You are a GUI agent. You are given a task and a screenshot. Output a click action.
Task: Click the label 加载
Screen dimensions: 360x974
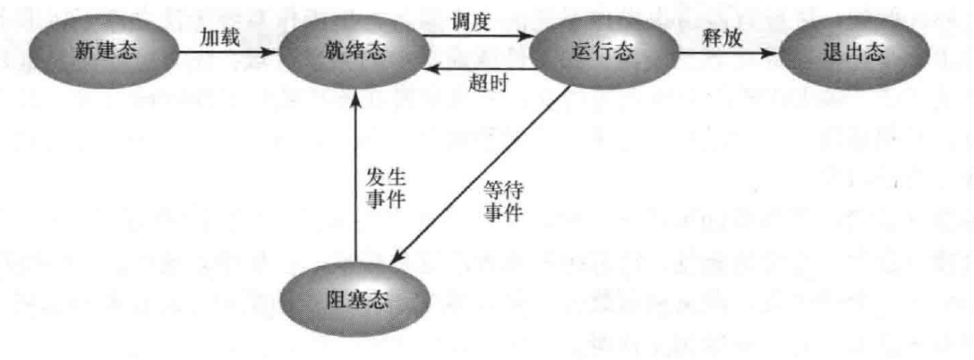220,36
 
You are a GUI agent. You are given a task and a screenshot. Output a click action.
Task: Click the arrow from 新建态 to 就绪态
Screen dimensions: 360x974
228,53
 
